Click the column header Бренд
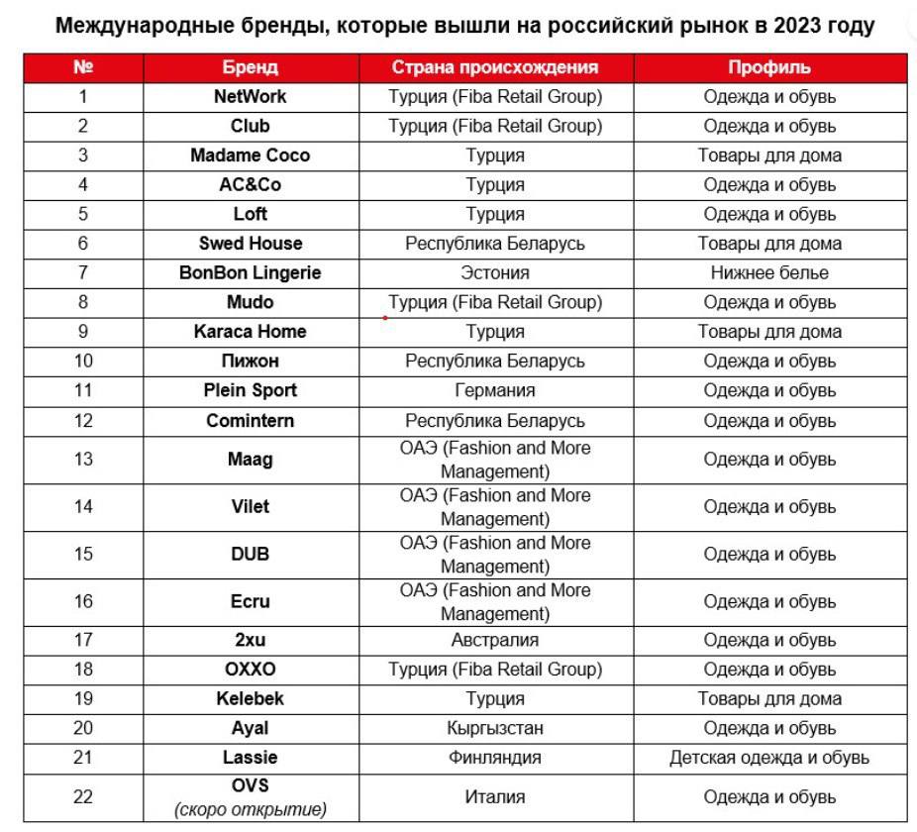[x=250, y=67]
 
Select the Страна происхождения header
[x=495, y=67]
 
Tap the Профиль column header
[x=769, y=67]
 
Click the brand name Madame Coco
[x=250, y=156]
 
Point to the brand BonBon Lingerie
[x=250, y=272]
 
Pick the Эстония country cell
[x=495, y=272]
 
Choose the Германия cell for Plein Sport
[x=495, y=390]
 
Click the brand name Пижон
[x=250, y=361]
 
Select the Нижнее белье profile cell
[x=769, y=272]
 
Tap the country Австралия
[x=495, y=640]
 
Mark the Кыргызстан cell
[x=495, y=728]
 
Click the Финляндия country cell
[x=495, y=758]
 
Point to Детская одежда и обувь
[x=769, y=758]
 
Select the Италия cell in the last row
[x=495, y=797]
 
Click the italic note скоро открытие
[x=250, y=809]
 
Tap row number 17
[x=83, y=640]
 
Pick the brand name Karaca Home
[x=250, y=332]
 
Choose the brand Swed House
[x=250, y=244]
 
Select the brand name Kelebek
[x=250, y=698]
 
